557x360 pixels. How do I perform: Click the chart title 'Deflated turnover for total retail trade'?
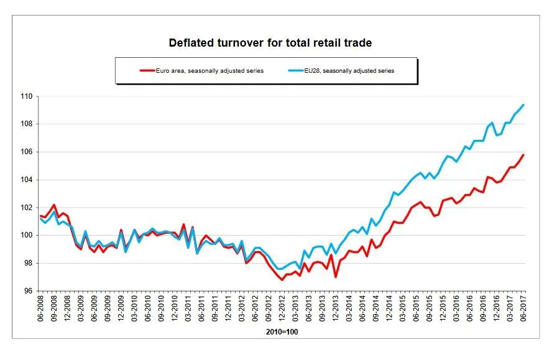pos(270,43)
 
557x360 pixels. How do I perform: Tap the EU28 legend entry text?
pos(352,71)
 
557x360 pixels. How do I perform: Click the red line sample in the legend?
pos(147,71)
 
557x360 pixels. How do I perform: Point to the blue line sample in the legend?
pos(298,71)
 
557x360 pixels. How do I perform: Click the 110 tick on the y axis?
pos(28,97)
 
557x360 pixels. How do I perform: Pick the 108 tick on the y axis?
pos(28,124)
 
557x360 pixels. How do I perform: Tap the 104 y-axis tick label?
pos(28,180)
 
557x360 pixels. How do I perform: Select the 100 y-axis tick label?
pos(28,236)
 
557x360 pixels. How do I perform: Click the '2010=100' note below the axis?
pos(282,332)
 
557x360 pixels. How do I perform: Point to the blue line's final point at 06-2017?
pos(523,104)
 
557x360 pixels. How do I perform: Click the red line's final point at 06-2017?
pos(523,155)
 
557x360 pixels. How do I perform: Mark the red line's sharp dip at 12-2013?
pos(336,277)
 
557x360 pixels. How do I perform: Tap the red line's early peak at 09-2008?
pos(54,205)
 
